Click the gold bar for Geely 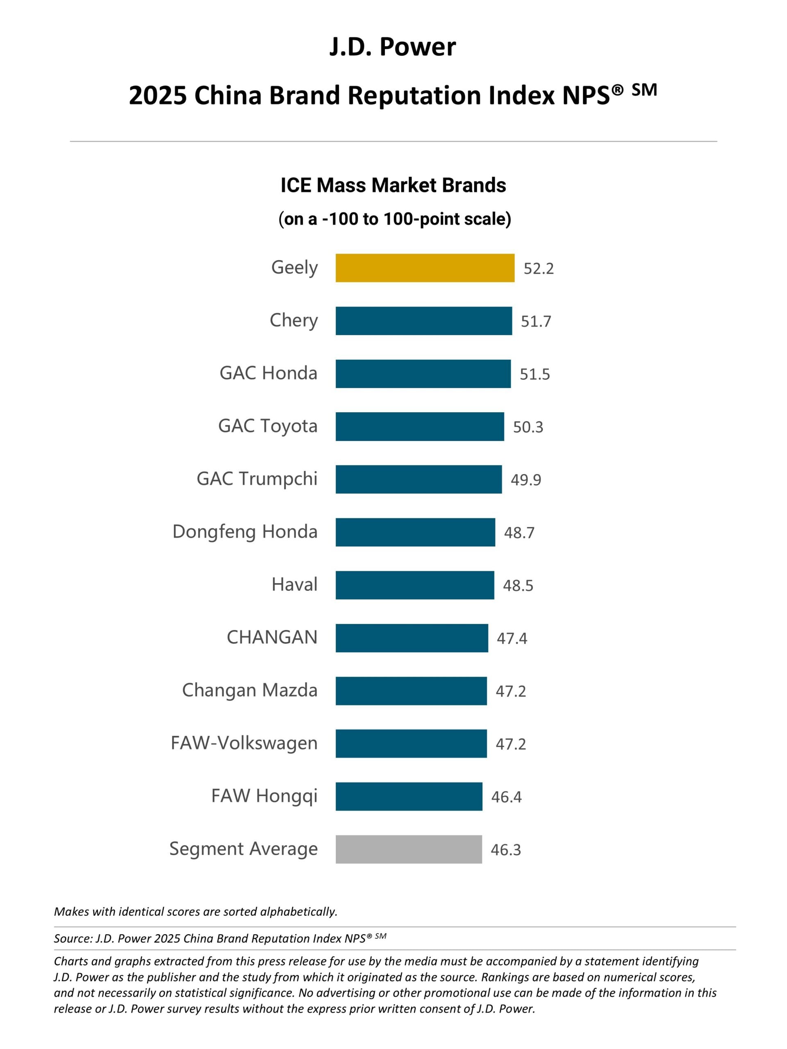pos(425,268)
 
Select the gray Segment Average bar pos(409,849)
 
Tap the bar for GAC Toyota pos(420,426)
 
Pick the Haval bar pos(415,585)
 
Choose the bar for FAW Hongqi pos(409,796)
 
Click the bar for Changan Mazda pos(411,690)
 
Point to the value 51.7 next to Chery pos(536,322)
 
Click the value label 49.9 pos(525,480)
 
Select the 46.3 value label pos(506,850)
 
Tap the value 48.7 pos(519,533)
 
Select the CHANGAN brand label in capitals pos(272,637)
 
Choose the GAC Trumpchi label pos(257,479)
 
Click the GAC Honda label pos(268,373)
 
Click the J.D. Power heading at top pos(393,47)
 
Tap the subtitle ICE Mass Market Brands pos(393,185)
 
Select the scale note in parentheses pos(395,219)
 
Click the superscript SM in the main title pos(644,89)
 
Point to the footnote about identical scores pos(196,911)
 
